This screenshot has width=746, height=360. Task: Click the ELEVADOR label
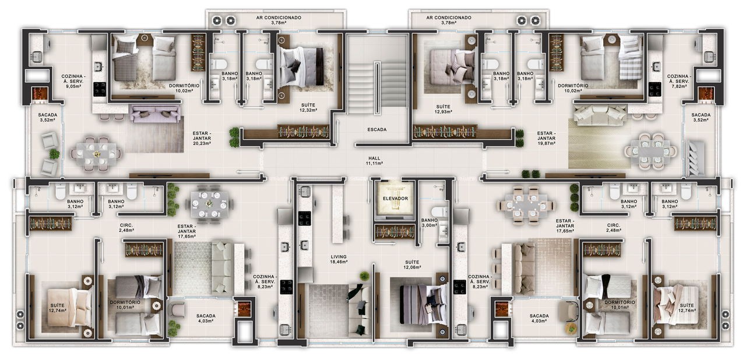click(x=395, y=199)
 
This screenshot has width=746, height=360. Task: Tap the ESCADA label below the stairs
click(x=377, y=130)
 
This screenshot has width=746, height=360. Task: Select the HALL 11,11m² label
click(x=374, y=161)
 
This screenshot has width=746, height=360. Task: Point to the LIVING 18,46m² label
click(x=339, y=259)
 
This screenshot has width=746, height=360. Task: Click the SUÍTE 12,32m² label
click(x=309, y=107)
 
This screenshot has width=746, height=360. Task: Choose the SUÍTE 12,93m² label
click(x=444, y=109)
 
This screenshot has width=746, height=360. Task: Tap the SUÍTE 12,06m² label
click(x=412, y=264)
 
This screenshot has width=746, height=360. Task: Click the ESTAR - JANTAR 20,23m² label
click(x=202, y=139)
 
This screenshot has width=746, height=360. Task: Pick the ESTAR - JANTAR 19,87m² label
click(x=546, y=139)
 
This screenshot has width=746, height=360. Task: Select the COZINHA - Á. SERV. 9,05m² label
click(x=73, y=81)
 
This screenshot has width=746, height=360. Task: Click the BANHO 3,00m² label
click(x=430, y=223)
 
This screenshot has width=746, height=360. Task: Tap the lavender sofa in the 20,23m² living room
click(x=156, y=114)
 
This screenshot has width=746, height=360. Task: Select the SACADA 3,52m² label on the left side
click(x=47, y=117)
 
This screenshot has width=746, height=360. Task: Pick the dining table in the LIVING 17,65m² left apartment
click(x=209, y=204)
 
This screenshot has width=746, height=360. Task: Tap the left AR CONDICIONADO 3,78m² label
click(x=279, y=20)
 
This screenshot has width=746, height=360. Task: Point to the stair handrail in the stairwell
click(x=377, y=88)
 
